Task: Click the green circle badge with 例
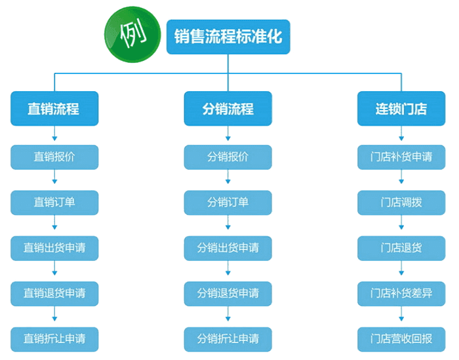[x=133, y=33]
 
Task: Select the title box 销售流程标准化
[x=228, y=35]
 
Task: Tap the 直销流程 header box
[x=54, y=109]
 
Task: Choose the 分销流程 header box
[x=228, y=109]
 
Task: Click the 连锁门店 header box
[x=401, y=109]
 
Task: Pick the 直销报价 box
[x=54, y=157]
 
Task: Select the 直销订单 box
[x=54, y=202]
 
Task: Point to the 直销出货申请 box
[x=54, y=248]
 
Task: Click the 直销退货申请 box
[x=54, y=292]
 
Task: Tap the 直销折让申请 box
[x=54, y=338]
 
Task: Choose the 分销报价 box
[x=228, y=157]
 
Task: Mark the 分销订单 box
[x=228, y=202]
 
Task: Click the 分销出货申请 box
[x=228, y=248]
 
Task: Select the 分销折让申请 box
[x=228, y=338]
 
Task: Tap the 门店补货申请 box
[x=401, y=157]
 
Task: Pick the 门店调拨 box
[x=401, y=202]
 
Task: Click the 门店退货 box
[x=401, y=248]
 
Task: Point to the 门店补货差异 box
[x=401, y=292]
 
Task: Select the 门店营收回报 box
[x=401, y=338]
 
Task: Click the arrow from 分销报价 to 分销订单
[x=228, y=180]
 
